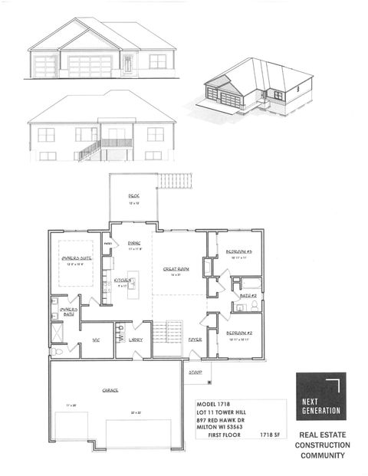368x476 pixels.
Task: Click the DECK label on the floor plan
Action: coord(134,195)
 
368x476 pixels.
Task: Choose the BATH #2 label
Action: coord(246,295)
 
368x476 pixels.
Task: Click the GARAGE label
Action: coord(110,389)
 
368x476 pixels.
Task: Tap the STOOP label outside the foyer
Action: coord(196,372)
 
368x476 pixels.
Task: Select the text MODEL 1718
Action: coord(212,404)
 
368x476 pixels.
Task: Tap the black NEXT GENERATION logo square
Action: coord(320,396)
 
